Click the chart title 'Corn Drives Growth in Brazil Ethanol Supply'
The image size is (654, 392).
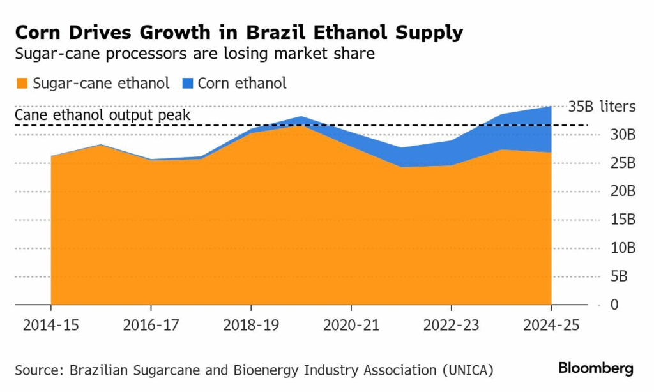point(239,33)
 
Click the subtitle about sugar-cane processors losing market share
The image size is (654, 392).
point(195,54)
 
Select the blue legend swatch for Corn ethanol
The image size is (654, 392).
point(188,83)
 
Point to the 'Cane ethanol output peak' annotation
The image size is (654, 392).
point(103,116)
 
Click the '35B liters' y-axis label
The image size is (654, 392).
point(602,107)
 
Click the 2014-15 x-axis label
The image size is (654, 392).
point(50,325)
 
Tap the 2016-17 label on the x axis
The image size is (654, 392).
point(151,325)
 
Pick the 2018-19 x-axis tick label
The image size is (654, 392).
point(251,325)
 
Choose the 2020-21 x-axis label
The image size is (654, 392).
point(351,325)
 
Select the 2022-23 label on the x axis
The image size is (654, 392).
point(452,325)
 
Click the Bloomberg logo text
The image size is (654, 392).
point(596,368)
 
